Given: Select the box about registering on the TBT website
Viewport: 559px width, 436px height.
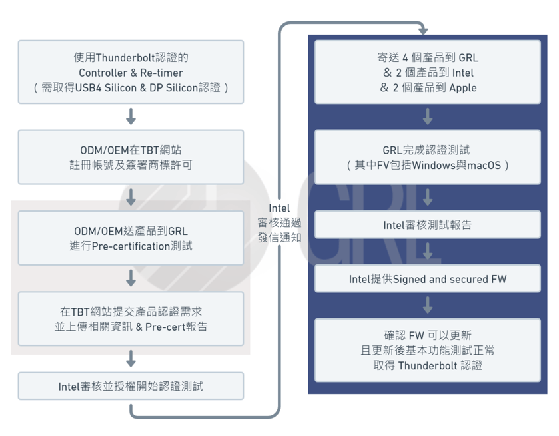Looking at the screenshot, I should click(x=131, y=157).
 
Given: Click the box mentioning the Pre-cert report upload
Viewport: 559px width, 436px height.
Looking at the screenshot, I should click(x=131, y=319).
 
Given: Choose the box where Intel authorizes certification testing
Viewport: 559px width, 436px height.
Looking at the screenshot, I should click(x=131, y=386).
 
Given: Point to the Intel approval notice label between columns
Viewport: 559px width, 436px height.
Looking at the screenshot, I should click(x=279, y=223).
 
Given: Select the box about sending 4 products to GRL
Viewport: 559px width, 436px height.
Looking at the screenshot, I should click(x=428, y=72).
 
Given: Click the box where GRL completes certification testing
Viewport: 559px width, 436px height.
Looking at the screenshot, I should click(x=428, y=157).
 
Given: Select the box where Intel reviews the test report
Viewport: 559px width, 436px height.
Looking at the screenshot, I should click(x=428, y=225).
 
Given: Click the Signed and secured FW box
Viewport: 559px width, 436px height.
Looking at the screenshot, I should click(x=428, y=279).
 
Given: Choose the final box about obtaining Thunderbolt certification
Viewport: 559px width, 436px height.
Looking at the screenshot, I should click(x=428, y=350).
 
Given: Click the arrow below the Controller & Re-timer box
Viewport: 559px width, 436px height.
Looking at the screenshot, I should click(x=131, y=116).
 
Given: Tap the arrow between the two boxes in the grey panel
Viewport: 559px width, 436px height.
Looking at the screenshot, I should click(x=131, y=278).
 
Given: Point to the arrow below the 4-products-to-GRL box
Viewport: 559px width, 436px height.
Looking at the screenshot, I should click(x=428, y=116).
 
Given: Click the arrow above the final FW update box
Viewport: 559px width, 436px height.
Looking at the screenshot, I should click(x=428, y=305).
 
